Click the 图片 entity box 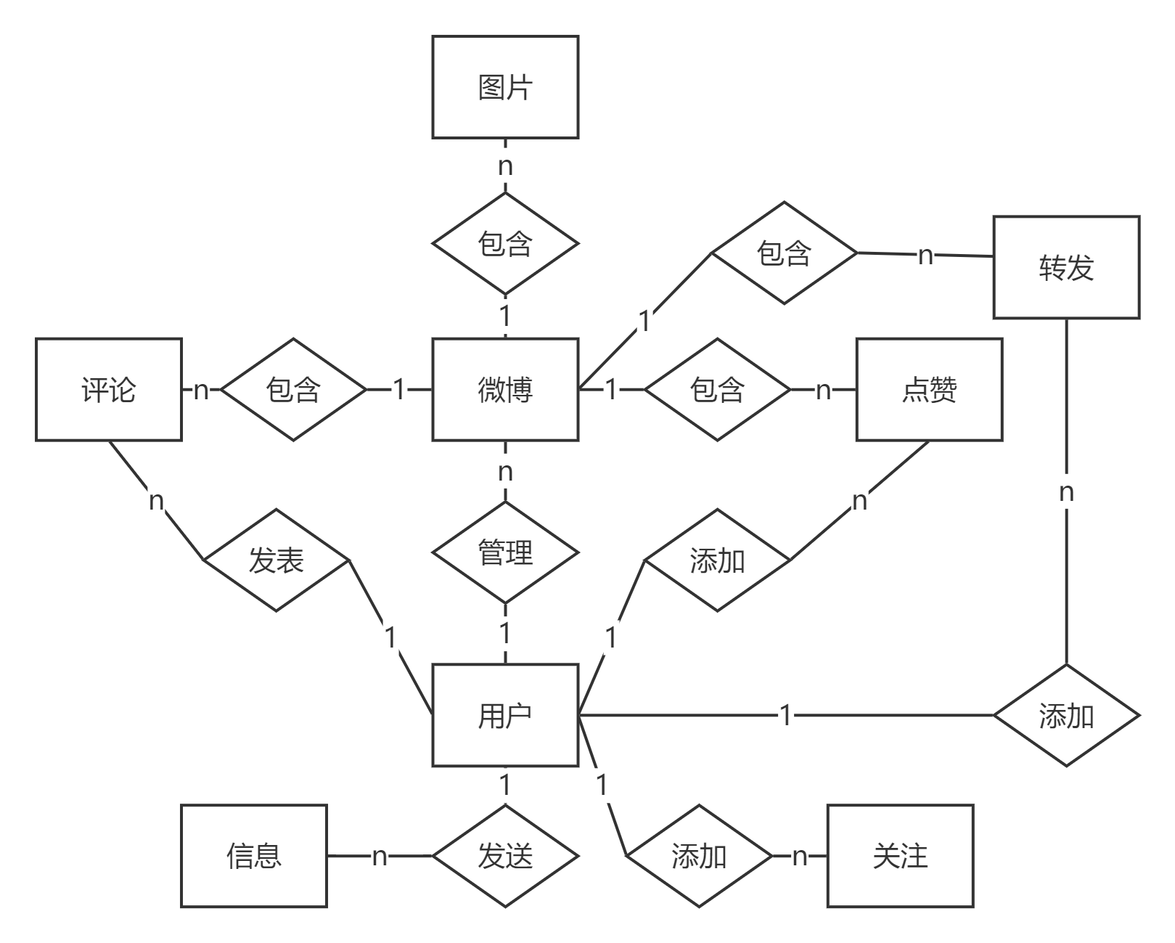[505, 87]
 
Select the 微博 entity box [505, 389]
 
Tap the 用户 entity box [505, 715]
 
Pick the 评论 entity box [109, 389]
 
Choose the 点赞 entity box [929, 389]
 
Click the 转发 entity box [1066, 267]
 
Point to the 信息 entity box [254, 856]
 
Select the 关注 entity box [900, 856]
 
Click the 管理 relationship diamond [505, 552]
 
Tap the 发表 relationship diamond [276, 560]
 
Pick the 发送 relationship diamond [505, 856]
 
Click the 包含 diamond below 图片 [505, 243]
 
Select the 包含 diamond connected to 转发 [784, 253]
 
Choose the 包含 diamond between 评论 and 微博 [293, 389]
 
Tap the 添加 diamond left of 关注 [699, 856]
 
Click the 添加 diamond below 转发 [1066, 716]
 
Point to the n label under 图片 [505, 166]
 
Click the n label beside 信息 [380, 856]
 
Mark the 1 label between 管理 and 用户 [505, 633]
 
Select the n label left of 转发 [925, 255]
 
